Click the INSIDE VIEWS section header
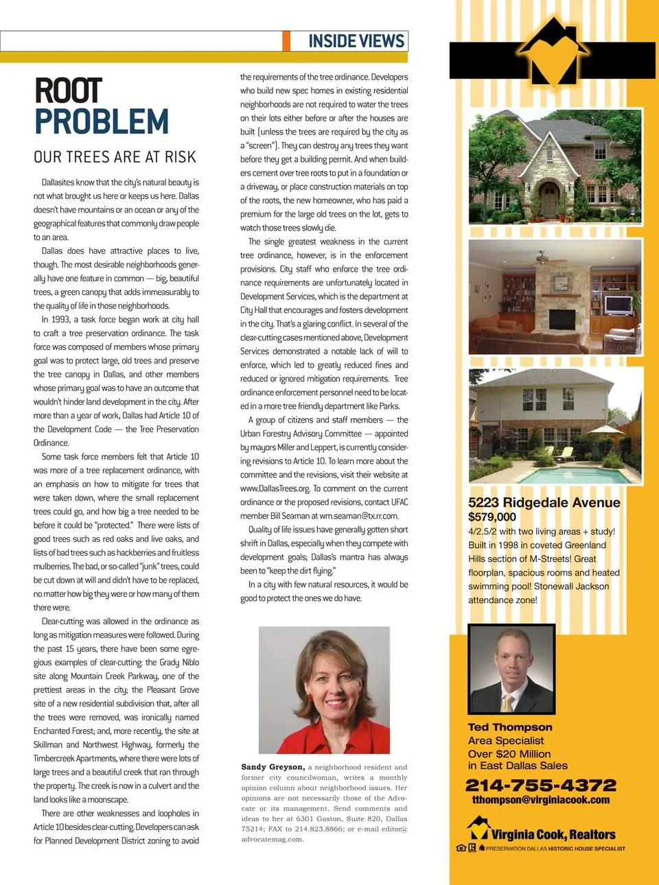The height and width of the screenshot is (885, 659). click(x=356, y=41)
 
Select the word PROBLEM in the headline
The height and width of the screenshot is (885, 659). click(x=102, y=122)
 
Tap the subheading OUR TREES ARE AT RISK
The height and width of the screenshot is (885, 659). click(x=115, y=157)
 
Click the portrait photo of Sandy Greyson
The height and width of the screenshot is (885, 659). click(x=324, y=689)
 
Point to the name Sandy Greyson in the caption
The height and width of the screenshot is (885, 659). click(x=273, y=767)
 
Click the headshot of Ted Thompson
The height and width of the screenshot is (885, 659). click(x=511, y=669)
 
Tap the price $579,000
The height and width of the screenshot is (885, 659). click(x=492, y=517)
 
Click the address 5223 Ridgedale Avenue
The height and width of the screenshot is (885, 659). click(x=544, y=502)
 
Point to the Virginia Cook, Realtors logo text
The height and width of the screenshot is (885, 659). click(x=553, y=834)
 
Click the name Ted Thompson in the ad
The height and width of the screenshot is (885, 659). click(x=509, y=727)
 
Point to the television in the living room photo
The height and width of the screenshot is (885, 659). click(x=618, y=305)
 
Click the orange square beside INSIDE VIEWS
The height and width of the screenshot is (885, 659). click(x=286, y=41)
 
